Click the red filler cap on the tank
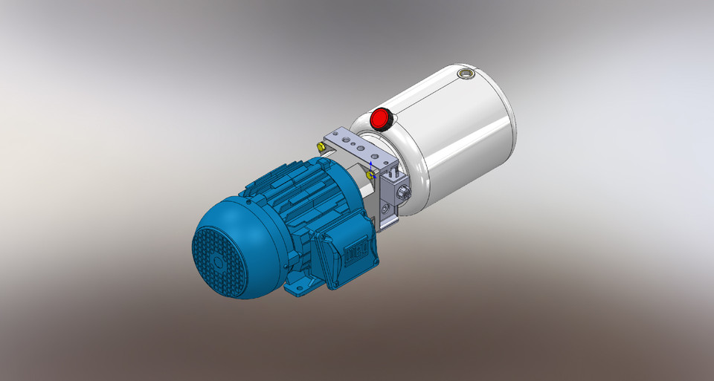pyautogui.click(x=381, y=118)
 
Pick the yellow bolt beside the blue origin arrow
pyautogui.click(x=370, y=174)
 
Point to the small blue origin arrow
pyautogui.click(x=371, y=165)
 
